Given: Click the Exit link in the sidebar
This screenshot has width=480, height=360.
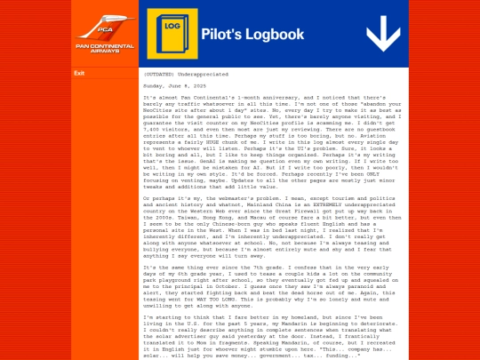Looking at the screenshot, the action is (x=79, y=73).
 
